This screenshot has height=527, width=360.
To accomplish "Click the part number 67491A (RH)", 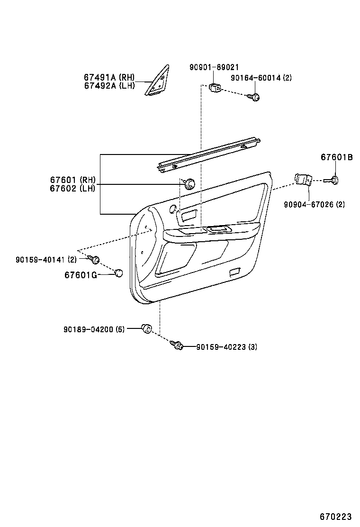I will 109,77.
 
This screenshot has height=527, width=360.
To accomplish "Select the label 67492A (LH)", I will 109,85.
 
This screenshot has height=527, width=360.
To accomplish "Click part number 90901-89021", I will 214,68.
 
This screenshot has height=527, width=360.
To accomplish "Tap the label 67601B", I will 336,157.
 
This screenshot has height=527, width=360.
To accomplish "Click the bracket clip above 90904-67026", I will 303,179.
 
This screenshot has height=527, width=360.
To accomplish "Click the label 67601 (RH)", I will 73,180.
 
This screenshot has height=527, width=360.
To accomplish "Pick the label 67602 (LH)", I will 73,188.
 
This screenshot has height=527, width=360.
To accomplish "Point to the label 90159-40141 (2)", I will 46,259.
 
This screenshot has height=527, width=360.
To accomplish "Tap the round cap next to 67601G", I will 118,273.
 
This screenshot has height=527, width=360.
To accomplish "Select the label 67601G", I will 81,274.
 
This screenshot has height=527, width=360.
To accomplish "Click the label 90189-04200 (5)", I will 94,329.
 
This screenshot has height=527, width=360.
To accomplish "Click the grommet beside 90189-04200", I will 146,327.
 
